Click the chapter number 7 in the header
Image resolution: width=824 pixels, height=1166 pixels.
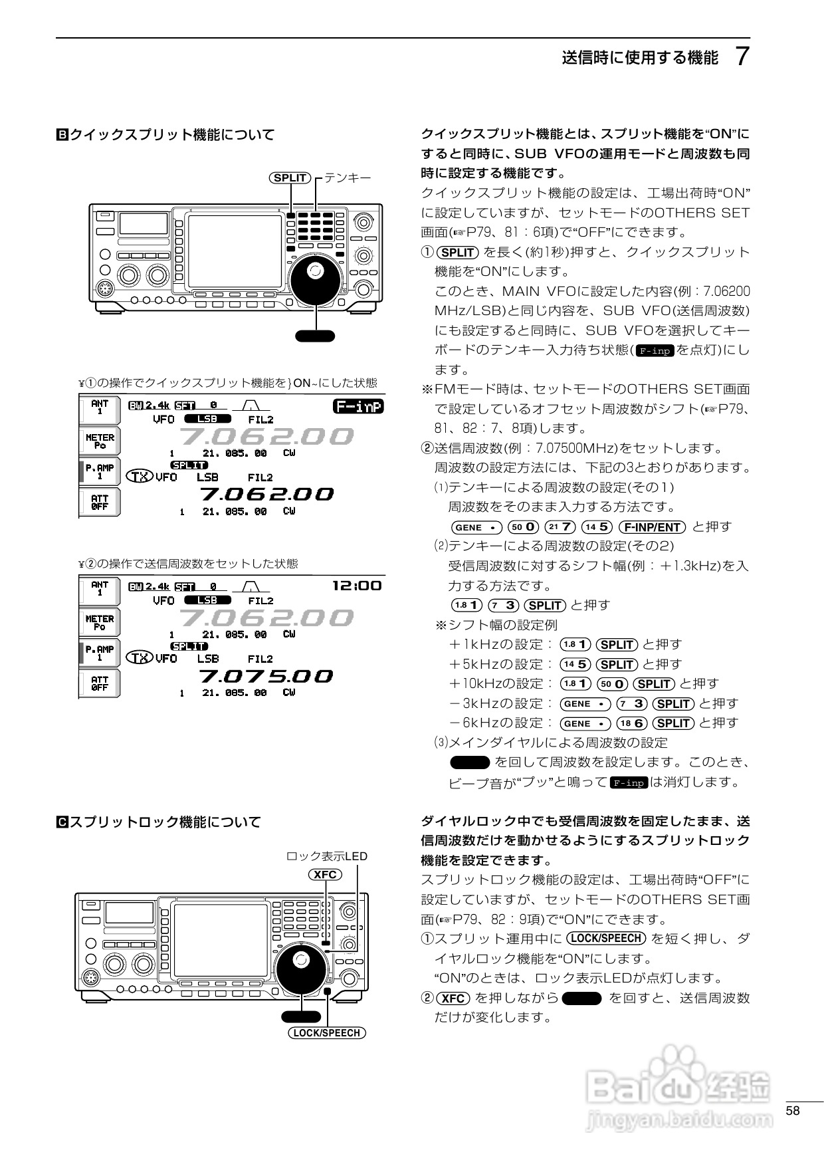743,57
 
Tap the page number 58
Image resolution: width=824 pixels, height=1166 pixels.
792,1111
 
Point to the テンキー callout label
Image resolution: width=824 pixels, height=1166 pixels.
348,177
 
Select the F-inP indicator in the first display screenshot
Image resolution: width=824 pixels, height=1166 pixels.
358,406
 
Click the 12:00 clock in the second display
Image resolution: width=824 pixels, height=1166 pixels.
357,586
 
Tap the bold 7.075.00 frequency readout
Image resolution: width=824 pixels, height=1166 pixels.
266,676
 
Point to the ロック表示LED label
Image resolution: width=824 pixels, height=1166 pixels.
326,856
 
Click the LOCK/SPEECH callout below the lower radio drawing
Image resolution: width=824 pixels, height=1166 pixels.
327,1033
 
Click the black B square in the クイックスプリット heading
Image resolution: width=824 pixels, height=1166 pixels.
61,135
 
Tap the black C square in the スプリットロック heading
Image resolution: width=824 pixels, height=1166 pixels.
61,822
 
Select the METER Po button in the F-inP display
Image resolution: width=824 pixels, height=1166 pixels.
100,441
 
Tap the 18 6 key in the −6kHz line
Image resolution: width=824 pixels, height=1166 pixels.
631,723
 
